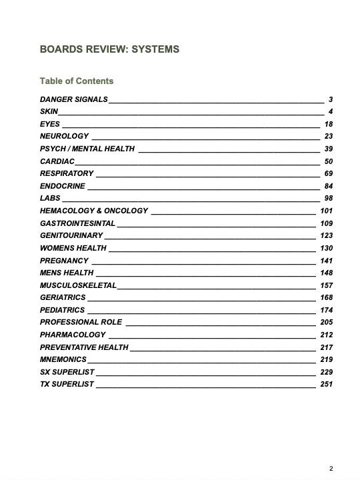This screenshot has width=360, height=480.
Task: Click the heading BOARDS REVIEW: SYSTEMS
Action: point(109,49)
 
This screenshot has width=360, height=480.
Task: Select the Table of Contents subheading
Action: point(77,81)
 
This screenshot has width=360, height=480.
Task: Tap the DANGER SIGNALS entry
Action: point(73,100)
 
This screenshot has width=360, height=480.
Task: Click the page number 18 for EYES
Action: point(328,125)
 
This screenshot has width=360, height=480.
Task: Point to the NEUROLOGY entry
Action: point(64,137)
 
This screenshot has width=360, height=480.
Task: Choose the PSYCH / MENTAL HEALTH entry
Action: point(87,149)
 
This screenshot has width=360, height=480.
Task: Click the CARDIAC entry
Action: point(57,161)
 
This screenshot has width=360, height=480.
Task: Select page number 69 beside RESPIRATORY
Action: point(328,174)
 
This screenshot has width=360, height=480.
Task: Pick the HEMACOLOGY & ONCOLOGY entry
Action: point(94,211)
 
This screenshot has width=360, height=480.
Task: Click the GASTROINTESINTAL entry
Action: point(77,223)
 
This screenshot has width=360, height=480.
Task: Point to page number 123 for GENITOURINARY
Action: point(326,235)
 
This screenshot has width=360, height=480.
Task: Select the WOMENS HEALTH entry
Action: point(73,248)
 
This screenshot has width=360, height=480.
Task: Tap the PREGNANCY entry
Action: point(64,261)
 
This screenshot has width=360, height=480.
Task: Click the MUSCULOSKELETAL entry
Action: point(78,285)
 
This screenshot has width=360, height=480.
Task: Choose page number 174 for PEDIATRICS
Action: point(326,310)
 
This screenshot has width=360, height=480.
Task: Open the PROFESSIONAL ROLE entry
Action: point(81,322)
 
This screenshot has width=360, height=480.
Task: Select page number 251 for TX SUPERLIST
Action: point(326,384)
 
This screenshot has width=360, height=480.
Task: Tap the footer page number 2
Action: point(331,469)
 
